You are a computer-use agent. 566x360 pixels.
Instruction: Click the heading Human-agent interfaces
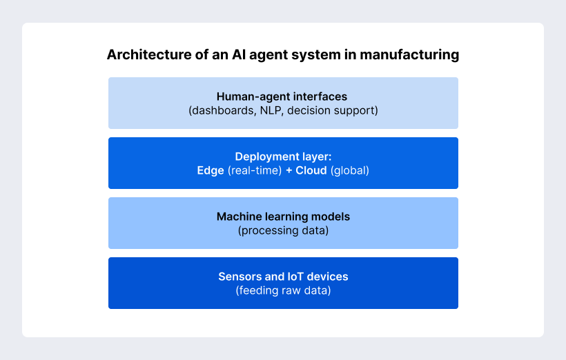(x=282, y=97)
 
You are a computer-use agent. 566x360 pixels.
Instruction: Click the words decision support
(x=333, y=110)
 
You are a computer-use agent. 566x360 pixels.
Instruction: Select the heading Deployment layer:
(x=283, y=157)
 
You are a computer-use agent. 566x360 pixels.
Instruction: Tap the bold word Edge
(x=211, y=170)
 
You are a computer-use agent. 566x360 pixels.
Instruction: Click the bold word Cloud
(x=311, y=170)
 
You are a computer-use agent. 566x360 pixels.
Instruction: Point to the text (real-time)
(x=255, y=170)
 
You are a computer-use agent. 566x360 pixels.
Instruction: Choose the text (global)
(x=349, y=170)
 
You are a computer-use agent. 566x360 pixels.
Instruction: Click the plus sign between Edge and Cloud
(x=289, y=170)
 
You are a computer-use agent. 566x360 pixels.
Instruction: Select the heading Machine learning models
(x=283, y=217)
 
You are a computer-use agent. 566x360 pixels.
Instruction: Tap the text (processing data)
(x=283, y=230)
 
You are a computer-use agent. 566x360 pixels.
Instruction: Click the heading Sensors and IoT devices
(x=283, y=277)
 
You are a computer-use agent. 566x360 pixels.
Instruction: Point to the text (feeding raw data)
(x=283, y=290)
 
